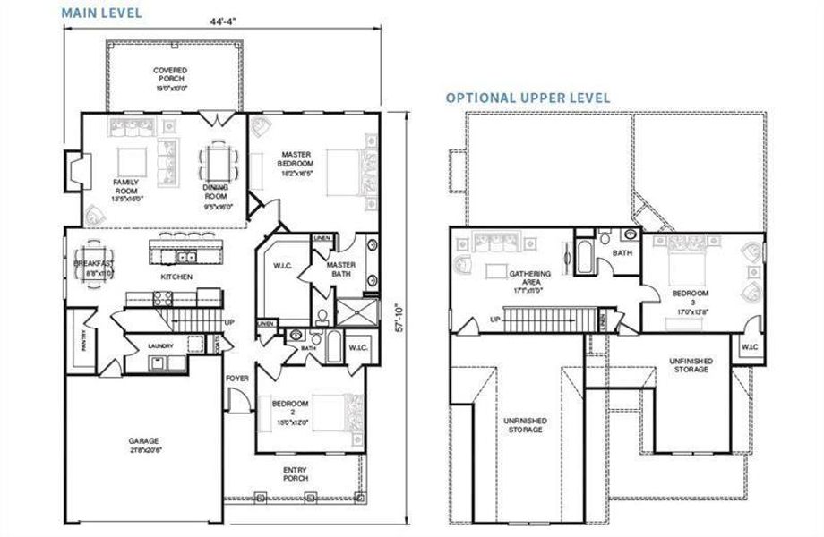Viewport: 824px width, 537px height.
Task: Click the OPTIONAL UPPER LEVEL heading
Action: coord(528,97)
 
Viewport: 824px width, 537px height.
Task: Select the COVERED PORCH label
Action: coord(168,79)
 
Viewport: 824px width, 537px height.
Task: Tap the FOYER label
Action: coord(236,379)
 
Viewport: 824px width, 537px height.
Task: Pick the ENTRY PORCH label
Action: coord(296,473)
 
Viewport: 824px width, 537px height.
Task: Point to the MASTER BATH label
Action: coord(341,269)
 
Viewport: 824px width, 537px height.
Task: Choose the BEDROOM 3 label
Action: coord(691,298)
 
